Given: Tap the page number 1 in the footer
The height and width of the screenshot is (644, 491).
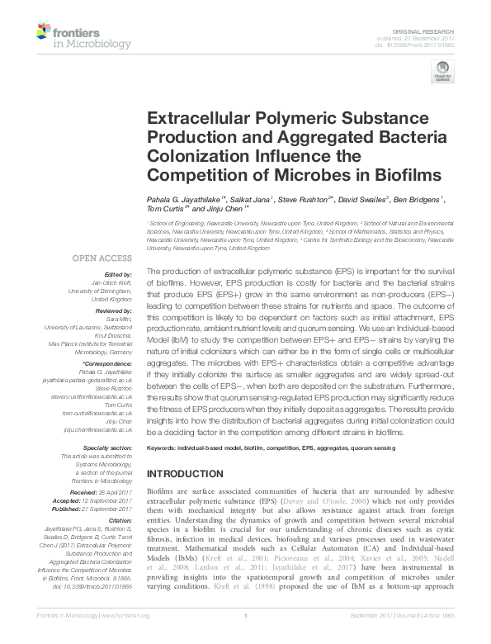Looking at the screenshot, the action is pos(246,637).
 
